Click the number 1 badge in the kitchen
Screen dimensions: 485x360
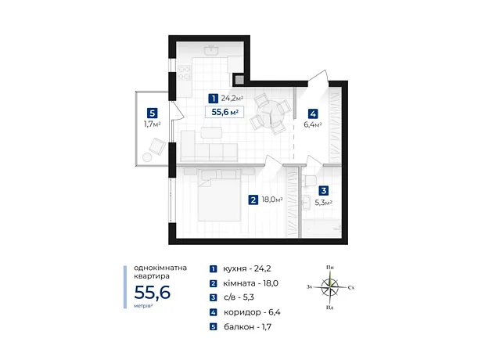click(x=213, y=99)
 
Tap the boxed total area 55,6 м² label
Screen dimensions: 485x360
click(x=225, y=112)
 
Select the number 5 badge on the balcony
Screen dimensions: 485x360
click(x=152, y=113)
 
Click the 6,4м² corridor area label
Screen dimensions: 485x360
click(x=313, y=124)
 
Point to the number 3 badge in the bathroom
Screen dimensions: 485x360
click(x=324, y=191)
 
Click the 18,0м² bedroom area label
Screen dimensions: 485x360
click(x=272, y=200)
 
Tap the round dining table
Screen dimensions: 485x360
click(x=271, y=113)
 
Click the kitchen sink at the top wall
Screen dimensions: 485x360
click(x=211, y=50)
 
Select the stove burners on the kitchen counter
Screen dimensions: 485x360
click(x=185, y=73)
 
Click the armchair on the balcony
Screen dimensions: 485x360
click(x=158, y=146)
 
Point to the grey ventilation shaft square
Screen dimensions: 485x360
click(x=239, y=80)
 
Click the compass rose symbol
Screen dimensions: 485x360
click(x=330, y=287)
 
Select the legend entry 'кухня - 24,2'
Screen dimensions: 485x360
click(x=247, y=268)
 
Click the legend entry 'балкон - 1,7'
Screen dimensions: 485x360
click(x=247, y=326)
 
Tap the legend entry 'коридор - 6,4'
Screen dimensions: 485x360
click(x=252, y=312)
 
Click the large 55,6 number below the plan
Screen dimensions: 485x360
click(x=153, y=293)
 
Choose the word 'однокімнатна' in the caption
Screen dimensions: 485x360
click(x=160, y=268)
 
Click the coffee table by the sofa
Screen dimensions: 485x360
click(x=211, y=132)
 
